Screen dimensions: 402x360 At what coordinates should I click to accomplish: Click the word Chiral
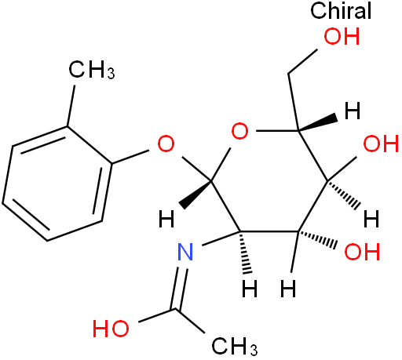tap(341, 10)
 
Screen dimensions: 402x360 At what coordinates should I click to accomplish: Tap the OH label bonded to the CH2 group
tap(342, 36)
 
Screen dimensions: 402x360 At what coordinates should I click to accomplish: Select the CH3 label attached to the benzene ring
tap(91, 70)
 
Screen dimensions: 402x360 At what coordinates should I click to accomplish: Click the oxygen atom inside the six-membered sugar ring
tap(239, 131)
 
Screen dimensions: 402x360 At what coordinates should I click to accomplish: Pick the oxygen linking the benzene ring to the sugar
tap(166, 144)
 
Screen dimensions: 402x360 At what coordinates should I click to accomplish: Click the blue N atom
tap(185, 252)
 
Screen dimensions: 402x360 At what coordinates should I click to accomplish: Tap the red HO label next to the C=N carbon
tap(111, 329)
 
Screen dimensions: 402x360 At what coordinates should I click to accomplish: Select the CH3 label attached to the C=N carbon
tap(234, 346)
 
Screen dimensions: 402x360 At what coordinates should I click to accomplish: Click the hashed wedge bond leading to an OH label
tap(316, 239)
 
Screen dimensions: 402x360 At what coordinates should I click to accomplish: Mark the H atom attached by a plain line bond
tap(288, 289)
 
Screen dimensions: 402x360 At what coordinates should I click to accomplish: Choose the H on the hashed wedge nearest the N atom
tap(250, 289)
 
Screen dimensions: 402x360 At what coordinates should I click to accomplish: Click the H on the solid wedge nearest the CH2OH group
tap(353, 111)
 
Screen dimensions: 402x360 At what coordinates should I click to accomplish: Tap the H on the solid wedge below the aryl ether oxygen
tap(166, 219)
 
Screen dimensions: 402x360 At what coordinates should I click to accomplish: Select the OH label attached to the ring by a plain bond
tap(381, 144)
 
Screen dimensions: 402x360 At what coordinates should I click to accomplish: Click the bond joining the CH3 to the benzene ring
tap(71, 106)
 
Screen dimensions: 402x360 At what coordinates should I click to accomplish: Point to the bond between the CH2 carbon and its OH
tap(303, 61)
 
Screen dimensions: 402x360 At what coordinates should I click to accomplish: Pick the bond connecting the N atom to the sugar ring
tap(221, 238)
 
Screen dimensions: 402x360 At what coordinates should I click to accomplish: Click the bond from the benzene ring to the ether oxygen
tap(130, 157)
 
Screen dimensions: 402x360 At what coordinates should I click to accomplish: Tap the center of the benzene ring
tap(57, 184)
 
